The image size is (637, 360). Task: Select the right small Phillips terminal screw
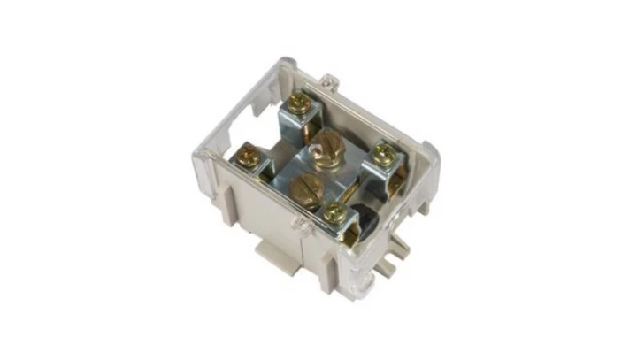click(x=382, y=155)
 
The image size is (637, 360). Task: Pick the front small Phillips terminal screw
click(x=334, y=211)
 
